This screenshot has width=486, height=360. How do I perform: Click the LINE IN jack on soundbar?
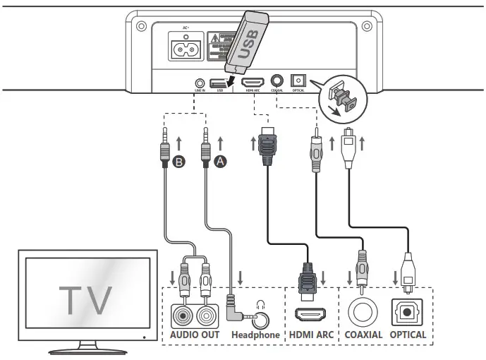click(200, 83)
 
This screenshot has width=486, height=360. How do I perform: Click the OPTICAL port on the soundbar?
click(298, 83)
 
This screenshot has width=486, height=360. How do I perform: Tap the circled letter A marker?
click(221, 162)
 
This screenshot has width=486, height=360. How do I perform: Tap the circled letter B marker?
click(180, 162)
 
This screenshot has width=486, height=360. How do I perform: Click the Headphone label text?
click(255, 335)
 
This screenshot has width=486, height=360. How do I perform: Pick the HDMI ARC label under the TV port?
click(310, 335)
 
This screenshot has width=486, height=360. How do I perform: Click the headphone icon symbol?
click(262, 305)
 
